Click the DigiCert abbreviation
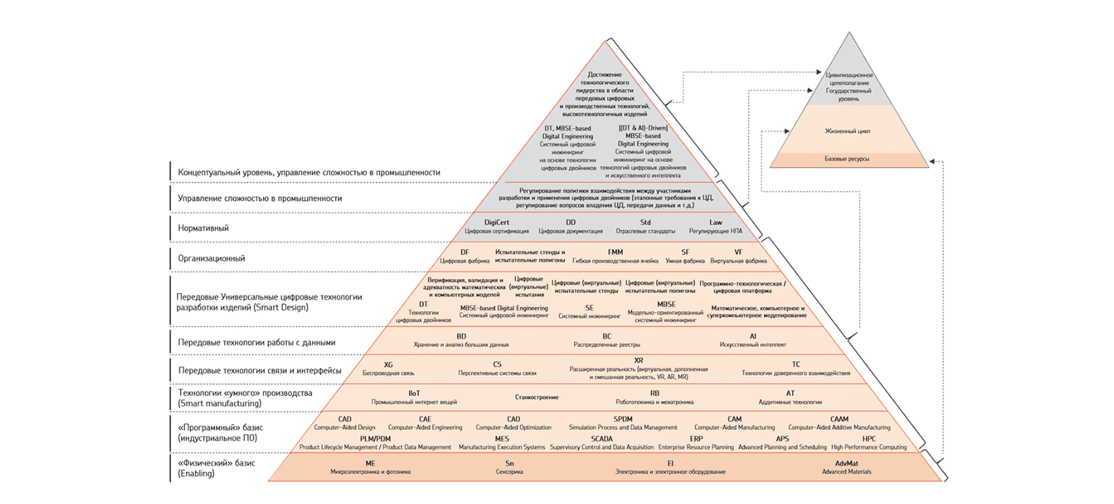pyautogui.click(x=496, y=222)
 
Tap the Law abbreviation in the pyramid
pyautogui.click(x=715, y=222)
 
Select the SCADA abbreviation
pyautogui.click(x=602, y=439)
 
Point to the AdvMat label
pyautogui.click(x=846, y=464)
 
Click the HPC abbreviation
pyautogui.click(x=869, y=439)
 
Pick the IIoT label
pyautogui.click(x=414, y=393)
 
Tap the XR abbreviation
pyautogui.click(x=638, y=360)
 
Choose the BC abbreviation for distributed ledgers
pyautogui.click(x=607, y=336)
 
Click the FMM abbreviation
pyautogui.click(x=615, y=252)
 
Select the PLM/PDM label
pyautogui.click(x=375, y=439)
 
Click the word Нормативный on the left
pyautogui.click(x=203, y=228)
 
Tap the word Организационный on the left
pyautogui.click(x=212, y=258)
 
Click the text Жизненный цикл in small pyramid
pyautogui.click(x=847, y=131)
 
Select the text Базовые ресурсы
pyautogui.click(x=847, y=159)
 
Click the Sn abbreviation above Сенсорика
pyautogui.click(x=510, y=464)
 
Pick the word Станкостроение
pyautogui.click(x=537, y=397)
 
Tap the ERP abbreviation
pyautogui.click(x=696, y=439)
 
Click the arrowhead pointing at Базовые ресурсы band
pyautogui.click(x=932, y=161)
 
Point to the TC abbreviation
pyautogui.click(x=796, y=364)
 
